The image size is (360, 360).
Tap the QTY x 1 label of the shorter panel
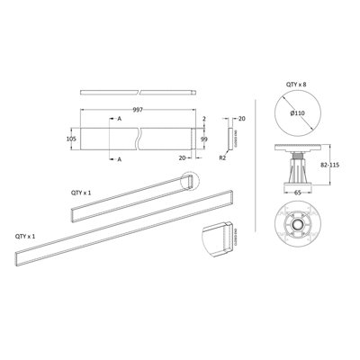(x=84, y=193)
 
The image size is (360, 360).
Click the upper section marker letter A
(x=120, y=119)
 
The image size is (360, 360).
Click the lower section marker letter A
(x=120, y=158)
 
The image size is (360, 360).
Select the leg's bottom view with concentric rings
(x=295, y=230)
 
